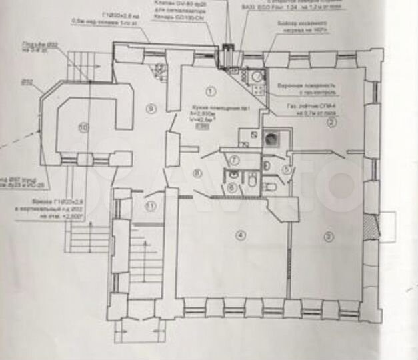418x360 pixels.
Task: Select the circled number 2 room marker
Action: point(328,121)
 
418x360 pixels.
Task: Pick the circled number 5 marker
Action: point(285,169)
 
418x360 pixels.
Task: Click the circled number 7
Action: point(235,159)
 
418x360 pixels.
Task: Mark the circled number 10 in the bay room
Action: point(83,126)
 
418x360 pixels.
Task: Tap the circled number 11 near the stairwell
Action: point(150,205)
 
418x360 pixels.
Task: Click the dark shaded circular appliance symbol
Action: point(272,139)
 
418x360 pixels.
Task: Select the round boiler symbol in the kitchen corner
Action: point(257,77)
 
